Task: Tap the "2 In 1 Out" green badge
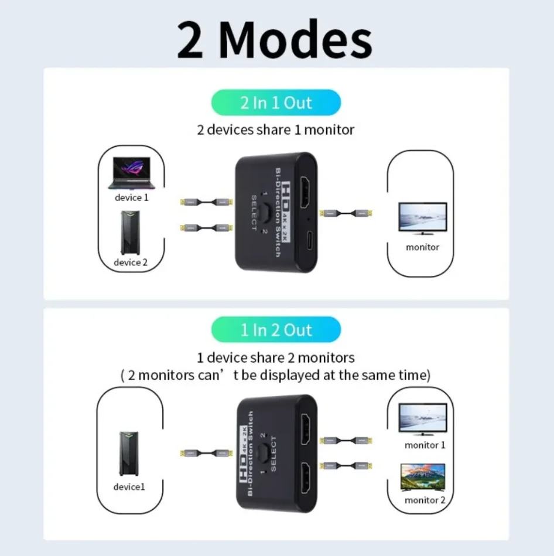(276, 103)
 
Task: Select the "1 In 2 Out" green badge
(276, 330)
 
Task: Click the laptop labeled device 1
(132, 173)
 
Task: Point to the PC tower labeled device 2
(130, 233)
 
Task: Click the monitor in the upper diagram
(422, 219)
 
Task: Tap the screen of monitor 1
(422, 417)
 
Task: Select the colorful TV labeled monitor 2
(422, 477)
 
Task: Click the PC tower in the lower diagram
(129, 453)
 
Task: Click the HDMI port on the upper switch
(305, 193)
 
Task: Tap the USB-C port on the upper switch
(309, 240)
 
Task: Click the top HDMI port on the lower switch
(305, 429)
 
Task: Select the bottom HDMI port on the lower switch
(305, 477)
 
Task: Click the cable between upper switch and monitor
(346, 213)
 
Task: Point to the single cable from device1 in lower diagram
(206, 453)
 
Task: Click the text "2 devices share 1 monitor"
(276, 130)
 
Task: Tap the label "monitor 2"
(425, 500)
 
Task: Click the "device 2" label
(131, 262)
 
